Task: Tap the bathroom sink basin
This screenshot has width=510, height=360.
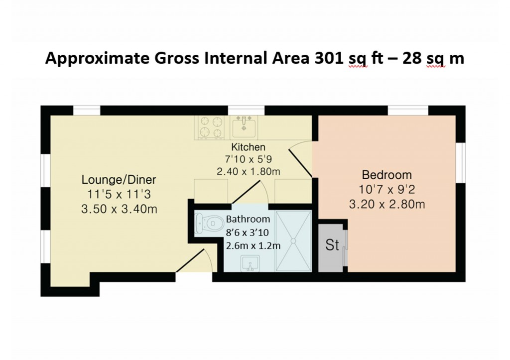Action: click(x=249, y=264)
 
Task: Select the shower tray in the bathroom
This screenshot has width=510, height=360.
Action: click(x=293, y=241)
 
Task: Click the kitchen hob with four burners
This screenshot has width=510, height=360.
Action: click(x=210, y=126)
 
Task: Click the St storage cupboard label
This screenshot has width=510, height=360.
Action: click(x=332, y=245)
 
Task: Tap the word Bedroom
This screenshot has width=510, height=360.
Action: click(x=386, y=175)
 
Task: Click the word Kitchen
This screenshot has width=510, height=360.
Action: click(x=248, y=147)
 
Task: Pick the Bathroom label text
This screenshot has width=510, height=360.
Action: click(x=248, y=219)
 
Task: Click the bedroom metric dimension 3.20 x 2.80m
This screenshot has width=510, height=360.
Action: click(x=386, y=204)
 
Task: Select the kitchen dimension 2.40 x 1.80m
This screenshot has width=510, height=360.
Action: click(x=248, y=171)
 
